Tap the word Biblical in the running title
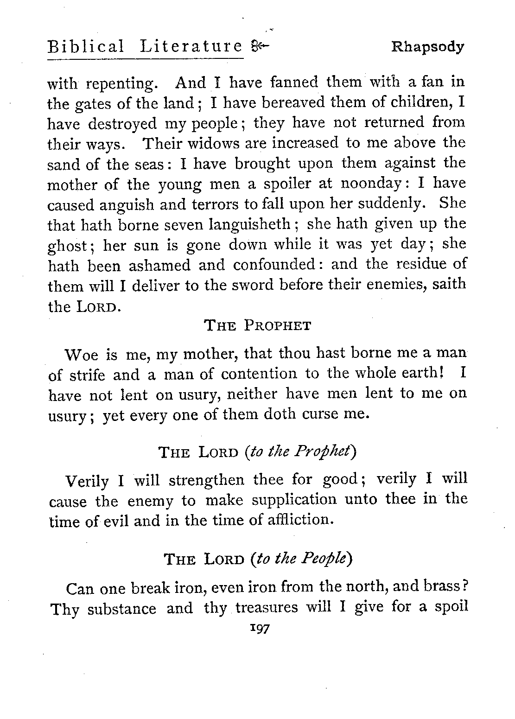point(86,47)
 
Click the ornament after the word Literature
point(259,46)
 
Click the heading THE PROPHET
point(257,325)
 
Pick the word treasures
point(267,608)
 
